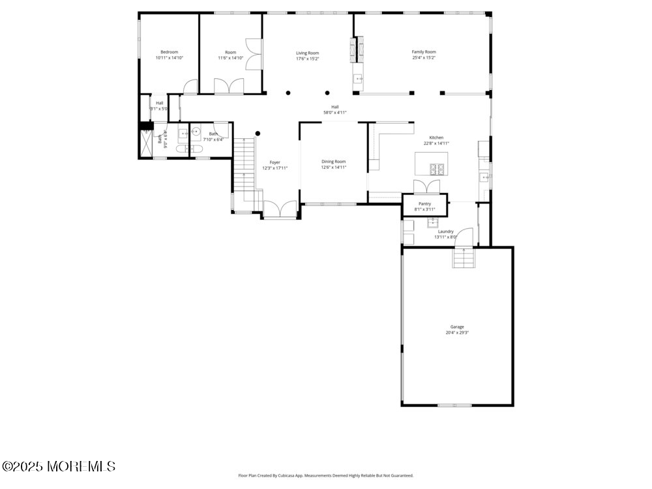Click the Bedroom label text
[170, 52]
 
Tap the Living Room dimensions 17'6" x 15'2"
[307, 59]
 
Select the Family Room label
[424, 52]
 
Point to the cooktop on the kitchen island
[437, 170]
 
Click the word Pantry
[425, 204]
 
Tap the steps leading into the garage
[462, 259]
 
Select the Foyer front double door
[280, 210]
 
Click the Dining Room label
[333, 162]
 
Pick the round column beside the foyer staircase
[258, 134]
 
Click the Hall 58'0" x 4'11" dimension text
[334, 113]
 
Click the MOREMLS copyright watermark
[59, 466]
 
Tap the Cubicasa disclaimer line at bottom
[326, 476]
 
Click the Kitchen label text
[436, 138]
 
